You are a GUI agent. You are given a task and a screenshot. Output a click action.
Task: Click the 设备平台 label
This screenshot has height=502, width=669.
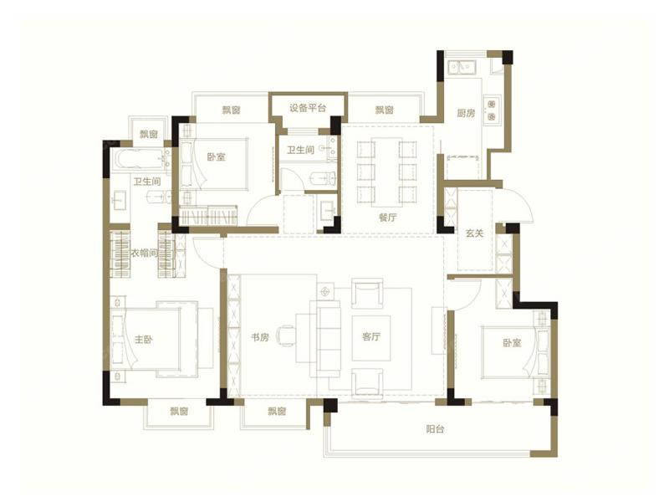(x=308, y=108)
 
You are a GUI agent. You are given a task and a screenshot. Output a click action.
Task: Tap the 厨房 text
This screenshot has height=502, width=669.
(x=466, y=113)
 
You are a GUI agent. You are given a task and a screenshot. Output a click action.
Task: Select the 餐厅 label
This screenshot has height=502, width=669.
(x=387, y=218)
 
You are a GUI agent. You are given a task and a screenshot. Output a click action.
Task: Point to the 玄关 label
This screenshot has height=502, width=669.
(x=474, y=233)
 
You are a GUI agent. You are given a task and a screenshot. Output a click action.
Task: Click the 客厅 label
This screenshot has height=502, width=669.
(x=371, y=337)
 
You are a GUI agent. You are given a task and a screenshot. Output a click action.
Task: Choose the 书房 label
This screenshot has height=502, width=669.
(x=260, y=337)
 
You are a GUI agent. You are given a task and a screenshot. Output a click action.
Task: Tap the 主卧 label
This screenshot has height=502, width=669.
(x=144, y=340)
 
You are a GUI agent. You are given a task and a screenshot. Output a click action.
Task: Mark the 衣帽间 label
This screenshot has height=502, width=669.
(x=144, y=254)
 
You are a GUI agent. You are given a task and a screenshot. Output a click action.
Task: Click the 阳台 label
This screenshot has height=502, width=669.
(x=435, y=429)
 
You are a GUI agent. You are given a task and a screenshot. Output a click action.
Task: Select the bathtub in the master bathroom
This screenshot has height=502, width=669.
(x=140, y=160)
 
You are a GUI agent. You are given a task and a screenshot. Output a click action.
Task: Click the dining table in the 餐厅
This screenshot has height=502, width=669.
(x=386, y=172)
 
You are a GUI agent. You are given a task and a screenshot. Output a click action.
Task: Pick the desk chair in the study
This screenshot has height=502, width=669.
(x=285, y=336)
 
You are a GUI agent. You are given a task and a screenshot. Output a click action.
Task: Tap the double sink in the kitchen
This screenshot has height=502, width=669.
(x=462, y=68)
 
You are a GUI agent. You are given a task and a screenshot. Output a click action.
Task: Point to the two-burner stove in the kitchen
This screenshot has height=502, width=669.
(x=492, y=110)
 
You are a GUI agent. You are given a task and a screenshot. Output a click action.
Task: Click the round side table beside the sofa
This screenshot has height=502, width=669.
(x=325, y=291)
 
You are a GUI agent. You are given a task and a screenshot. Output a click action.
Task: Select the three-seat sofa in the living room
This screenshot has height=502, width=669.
(x=329, y=339)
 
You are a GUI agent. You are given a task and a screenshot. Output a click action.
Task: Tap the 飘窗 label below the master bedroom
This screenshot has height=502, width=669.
(x=179, y=412)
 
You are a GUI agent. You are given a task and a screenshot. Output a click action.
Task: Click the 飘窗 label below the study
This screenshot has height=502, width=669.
(x=277, y=412)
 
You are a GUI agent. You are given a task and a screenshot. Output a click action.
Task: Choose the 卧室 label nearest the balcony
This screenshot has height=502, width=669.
(x=512, y=343)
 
